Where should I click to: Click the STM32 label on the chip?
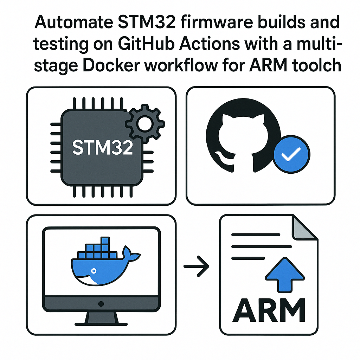point(103,148)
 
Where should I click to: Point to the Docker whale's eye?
point(94,271)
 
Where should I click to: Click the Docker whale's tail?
point(131,254)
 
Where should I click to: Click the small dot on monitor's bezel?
point(101,303)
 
